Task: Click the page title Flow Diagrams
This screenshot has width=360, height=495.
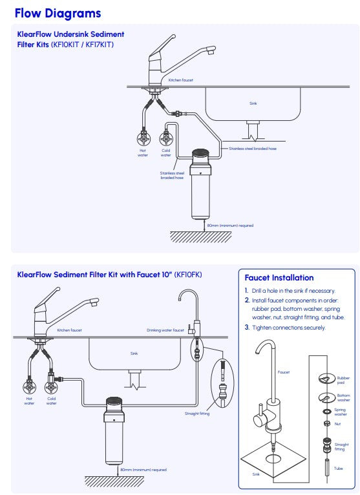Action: (x=58, y=13)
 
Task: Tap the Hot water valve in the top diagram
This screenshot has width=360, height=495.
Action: (x=143, y=138)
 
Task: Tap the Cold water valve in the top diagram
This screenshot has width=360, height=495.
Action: (x=166, y=138)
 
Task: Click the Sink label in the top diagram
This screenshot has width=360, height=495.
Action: (x=253, y=103)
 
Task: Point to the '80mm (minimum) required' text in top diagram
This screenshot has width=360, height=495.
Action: (x=230, y=226)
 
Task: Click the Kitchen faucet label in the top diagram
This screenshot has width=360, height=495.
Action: (x=180, y=80)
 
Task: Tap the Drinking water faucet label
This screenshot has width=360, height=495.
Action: (x=165, y=330)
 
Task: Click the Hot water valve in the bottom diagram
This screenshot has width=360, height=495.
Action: (x=29, y=388)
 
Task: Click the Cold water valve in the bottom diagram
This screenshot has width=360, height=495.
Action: (x=51, y=388)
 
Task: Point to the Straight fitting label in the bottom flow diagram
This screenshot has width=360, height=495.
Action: (x=196, y=414)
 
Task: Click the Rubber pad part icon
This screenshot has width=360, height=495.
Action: (x=325, y=379)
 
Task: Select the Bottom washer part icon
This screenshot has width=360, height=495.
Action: (x=325, y=397)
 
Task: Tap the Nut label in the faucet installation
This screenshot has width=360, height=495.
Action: (x=336, y=424)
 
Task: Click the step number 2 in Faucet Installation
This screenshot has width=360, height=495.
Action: (x=247, y=300)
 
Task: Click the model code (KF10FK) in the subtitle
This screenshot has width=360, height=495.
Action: (x=188, y=275)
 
